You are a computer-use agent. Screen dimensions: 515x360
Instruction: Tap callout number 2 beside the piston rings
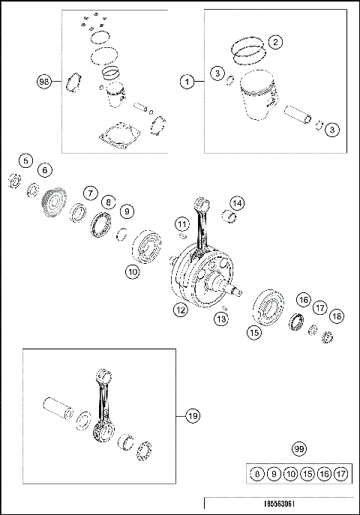click(x=275, y=42)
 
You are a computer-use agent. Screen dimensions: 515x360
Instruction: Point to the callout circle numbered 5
click(x=25, y=160)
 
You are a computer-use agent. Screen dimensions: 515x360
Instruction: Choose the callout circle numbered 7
click(x=89, y=193)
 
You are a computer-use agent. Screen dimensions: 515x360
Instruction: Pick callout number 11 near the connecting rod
click(x=181, y=224)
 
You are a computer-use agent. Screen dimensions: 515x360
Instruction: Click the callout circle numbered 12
click(x=180, y=310)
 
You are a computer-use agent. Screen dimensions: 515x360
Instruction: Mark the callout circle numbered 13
click(x=220, y=320)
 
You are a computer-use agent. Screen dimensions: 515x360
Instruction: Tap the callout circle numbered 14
click(x=236, y=203)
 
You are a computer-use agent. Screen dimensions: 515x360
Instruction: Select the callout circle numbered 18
click(x=337, y=316)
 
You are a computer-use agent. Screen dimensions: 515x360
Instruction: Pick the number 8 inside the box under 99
click(x=257, y=475)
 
